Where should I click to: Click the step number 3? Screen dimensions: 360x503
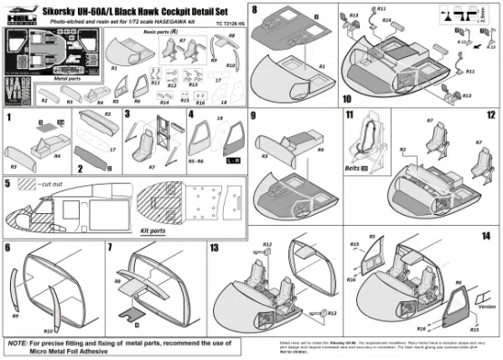tap(127, 116)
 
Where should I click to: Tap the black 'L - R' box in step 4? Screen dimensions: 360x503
tap(231, 160)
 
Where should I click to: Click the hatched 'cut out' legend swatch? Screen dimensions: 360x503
tap(30, 184)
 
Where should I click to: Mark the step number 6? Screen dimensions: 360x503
tap(9, 247)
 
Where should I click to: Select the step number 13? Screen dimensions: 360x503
tap(215, 247)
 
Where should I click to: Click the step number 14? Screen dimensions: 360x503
tap(487, 236)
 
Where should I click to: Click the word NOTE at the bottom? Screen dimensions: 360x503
tap(18, 344)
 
